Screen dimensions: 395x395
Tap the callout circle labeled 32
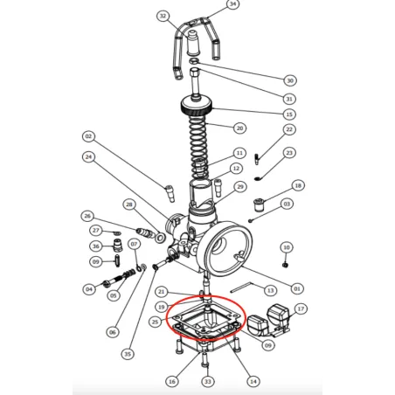[163, 16]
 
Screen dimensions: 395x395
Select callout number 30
[290, 80]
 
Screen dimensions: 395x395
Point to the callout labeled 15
[289, 114]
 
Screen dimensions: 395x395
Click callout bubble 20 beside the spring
[239, 128]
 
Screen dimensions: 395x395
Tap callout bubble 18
[298, 186]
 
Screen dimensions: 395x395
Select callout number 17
[301, 308]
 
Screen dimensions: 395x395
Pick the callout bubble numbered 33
[207, 382]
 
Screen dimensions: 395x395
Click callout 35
[128, 354]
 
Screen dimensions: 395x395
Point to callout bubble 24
[89, 157]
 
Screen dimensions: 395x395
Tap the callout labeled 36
[96, 246]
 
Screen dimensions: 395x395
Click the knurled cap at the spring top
[197, 109]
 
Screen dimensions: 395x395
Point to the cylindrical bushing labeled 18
[258, 204]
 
